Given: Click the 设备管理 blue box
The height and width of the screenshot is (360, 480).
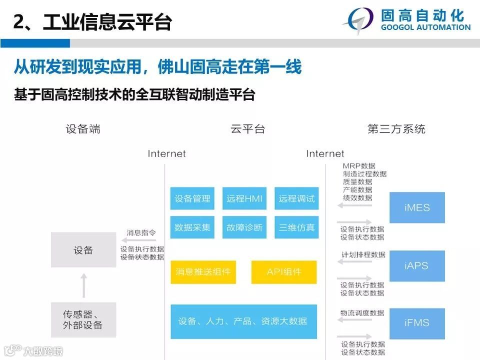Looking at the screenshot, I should coord(192,199).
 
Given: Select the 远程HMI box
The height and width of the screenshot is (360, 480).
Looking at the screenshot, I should coord(244,199).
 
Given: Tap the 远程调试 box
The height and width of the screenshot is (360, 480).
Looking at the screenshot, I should coord(297,199).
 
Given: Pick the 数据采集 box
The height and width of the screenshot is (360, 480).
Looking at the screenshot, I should coord(192,227).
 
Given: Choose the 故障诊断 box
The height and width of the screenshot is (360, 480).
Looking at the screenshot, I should coord(244,227).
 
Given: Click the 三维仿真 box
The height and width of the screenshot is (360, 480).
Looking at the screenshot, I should coord(297,227).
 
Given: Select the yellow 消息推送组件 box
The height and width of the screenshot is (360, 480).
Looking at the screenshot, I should coord(203,272).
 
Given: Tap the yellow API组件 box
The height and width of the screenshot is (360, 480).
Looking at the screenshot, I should coord(284,272).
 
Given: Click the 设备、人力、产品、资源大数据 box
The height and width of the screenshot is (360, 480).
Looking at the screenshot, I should coord(243,321).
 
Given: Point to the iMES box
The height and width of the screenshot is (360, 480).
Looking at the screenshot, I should coord(417,207).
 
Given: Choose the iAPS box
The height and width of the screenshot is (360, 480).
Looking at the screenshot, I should coord(417,265).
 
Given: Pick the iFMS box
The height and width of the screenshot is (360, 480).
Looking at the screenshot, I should coord(417,323).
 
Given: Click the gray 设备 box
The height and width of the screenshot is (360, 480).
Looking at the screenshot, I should coord(83,250).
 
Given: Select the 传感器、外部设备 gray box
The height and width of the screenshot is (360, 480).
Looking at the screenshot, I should coord(83,319).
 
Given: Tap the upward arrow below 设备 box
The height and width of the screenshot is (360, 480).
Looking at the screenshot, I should coord(83,285).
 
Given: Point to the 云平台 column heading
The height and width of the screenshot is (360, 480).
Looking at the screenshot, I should coord(247,129).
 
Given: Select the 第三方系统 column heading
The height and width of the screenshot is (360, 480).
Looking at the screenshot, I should coord(396,129).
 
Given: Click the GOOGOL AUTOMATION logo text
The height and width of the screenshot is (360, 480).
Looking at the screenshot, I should coord(425,27).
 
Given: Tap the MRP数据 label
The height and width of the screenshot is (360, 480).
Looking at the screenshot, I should coord(359,166).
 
